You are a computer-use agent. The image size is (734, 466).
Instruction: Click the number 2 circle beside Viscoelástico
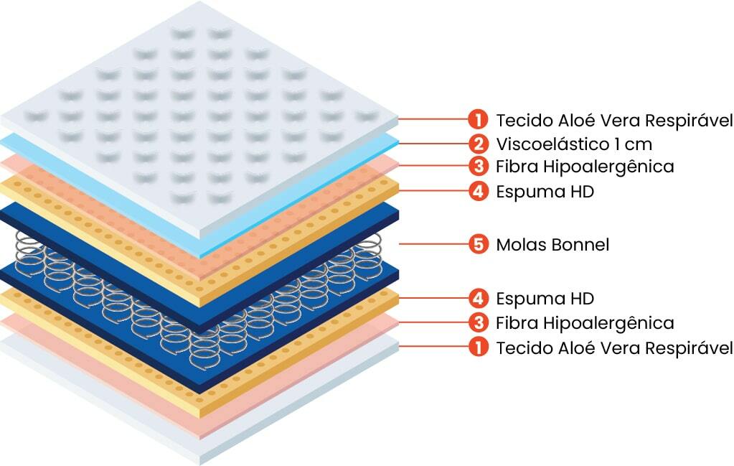coord(478,144)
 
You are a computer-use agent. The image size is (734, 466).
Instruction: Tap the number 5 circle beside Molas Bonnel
coord(478,245)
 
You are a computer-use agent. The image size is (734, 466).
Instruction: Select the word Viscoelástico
coord(550,144)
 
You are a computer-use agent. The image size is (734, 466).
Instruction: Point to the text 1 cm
coord(632,144)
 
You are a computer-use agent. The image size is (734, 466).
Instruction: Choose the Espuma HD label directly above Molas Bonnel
coord(545,192)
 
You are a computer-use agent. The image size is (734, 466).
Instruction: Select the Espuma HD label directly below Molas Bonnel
coord(545,297)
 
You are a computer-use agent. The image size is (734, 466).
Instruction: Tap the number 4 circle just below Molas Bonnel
coord(478,297)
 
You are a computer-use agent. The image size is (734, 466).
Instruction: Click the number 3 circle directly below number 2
coord(478,167)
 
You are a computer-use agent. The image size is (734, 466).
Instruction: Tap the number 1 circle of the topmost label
coord(478,118)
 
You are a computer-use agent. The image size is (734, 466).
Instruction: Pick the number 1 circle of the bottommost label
coord(478,348)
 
